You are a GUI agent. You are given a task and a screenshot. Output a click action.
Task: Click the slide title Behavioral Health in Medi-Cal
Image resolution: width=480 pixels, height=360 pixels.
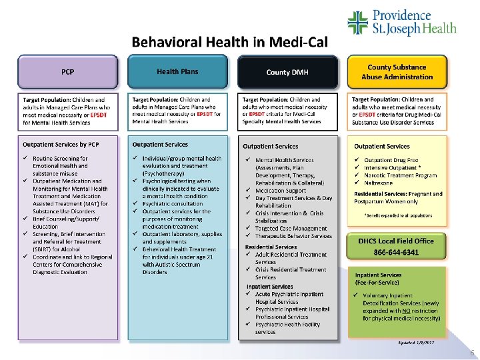[229, 42]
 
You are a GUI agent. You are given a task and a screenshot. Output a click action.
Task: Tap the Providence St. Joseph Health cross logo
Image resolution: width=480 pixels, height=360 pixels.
[358, 23]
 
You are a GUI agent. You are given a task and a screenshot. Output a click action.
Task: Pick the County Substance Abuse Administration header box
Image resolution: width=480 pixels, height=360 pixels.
[397, 72]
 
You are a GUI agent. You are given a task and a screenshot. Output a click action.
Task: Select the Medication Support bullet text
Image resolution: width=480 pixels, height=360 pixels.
[281, 190]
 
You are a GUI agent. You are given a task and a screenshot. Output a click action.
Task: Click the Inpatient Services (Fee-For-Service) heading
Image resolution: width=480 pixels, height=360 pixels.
[378, 279]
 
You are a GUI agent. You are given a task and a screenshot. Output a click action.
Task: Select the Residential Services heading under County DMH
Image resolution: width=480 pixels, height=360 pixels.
[270, 247]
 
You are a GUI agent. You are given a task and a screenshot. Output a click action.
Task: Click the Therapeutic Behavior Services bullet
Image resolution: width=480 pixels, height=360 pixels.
[293, 236]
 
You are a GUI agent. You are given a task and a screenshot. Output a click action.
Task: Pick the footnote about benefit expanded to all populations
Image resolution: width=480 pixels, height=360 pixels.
[397, 216]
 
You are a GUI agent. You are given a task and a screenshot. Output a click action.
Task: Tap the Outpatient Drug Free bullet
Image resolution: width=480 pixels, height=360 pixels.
[391, 160]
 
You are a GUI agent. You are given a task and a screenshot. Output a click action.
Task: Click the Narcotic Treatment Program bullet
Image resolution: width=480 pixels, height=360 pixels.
[400, 175]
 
